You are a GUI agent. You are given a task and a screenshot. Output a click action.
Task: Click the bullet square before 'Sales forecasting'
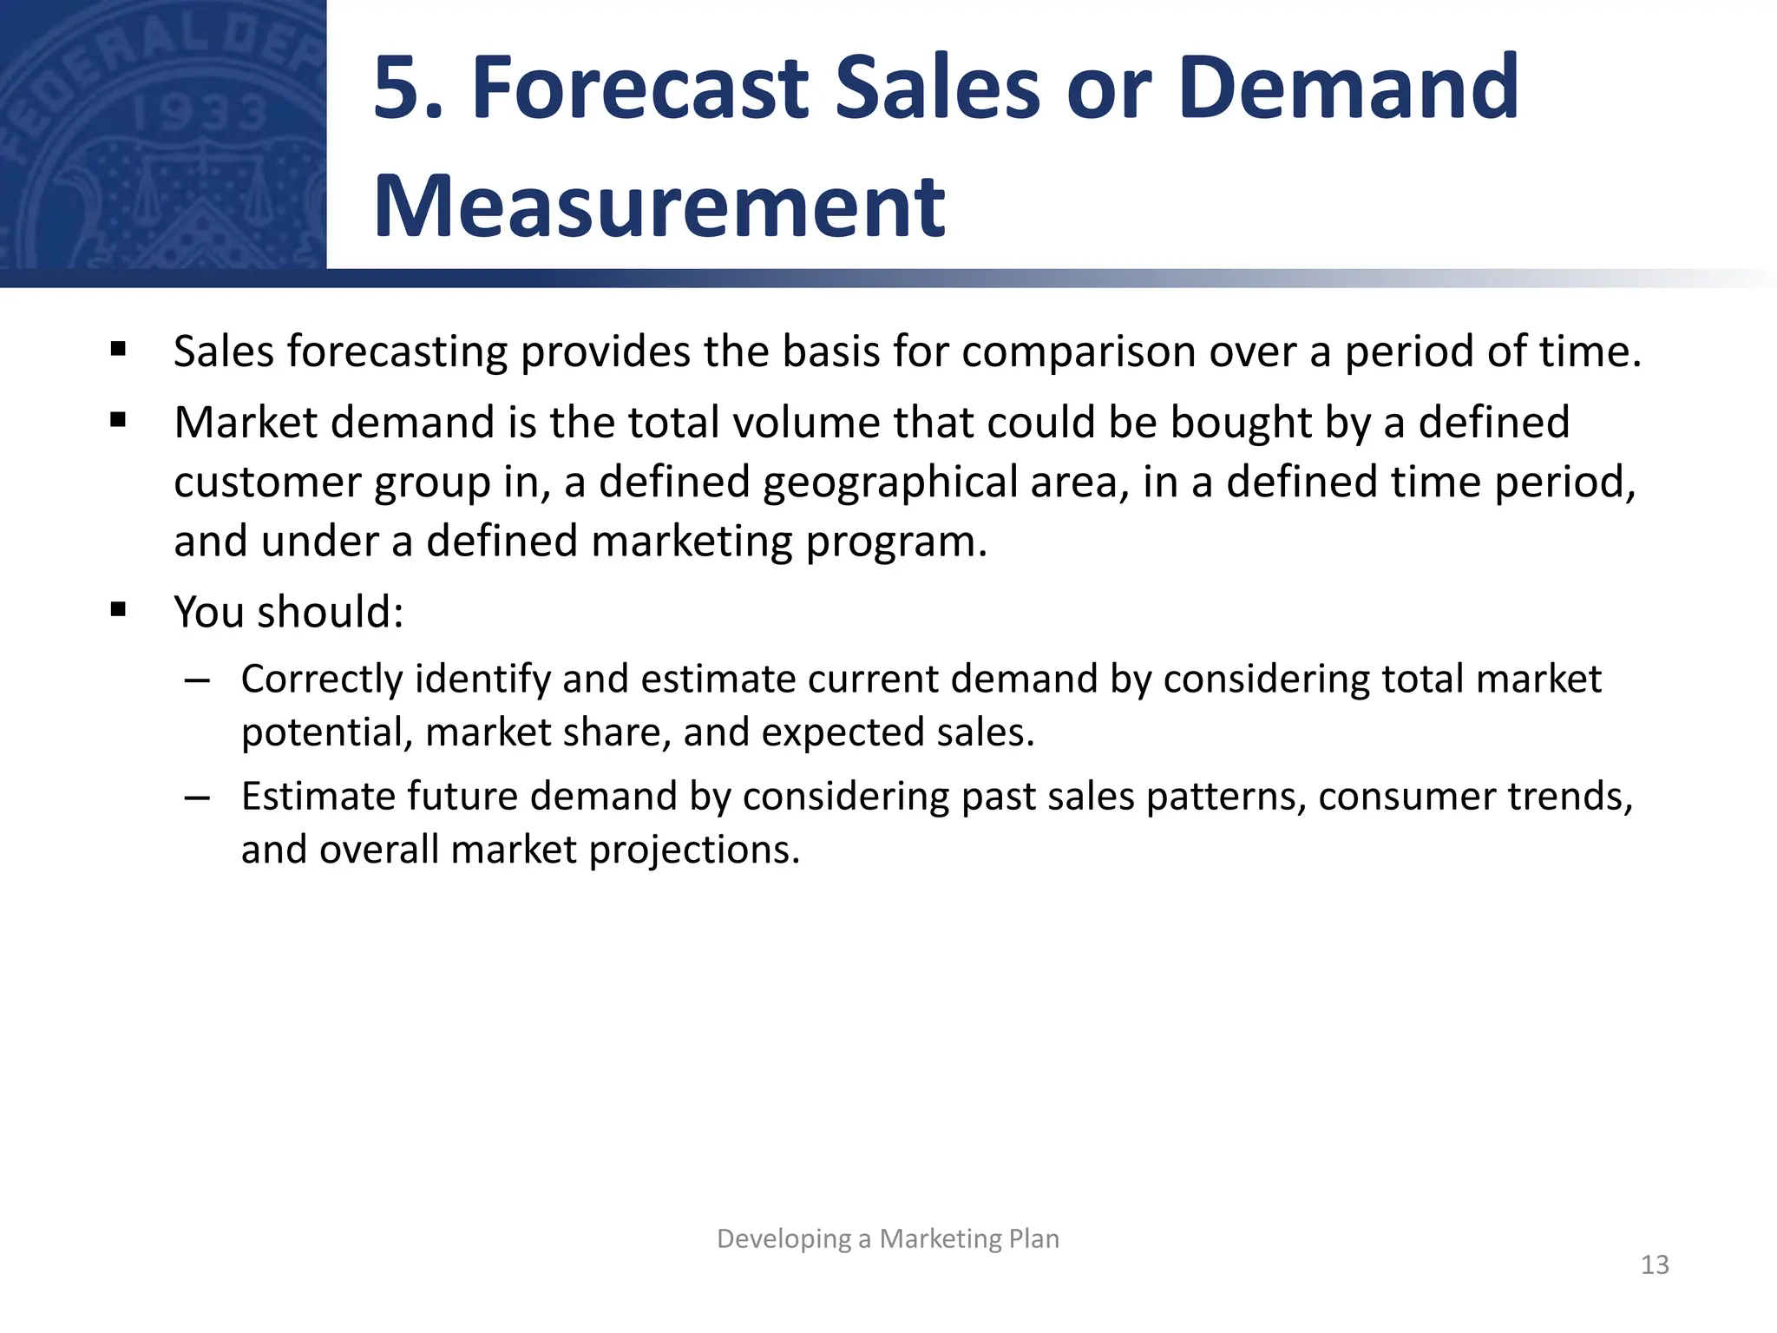pos(119,351)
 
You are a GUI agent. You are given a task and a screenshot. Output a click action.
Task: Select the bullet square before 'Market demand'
pos(119,422)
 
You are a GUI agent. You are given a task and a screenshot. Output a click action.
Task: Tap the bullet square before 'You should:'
pos(119,610)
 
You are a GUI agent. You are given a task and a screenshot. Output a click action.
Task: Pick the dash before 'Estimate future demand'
pos(198,798)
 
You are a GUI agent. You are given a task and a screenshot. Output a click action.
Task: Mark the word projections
pos(694,850)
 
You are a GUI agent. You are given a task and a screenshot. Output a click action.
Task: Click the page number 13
pos(1655,1264)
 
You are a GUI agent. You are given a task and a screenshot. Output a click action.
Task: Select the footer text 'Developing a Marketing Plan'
pos(888,1238)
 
